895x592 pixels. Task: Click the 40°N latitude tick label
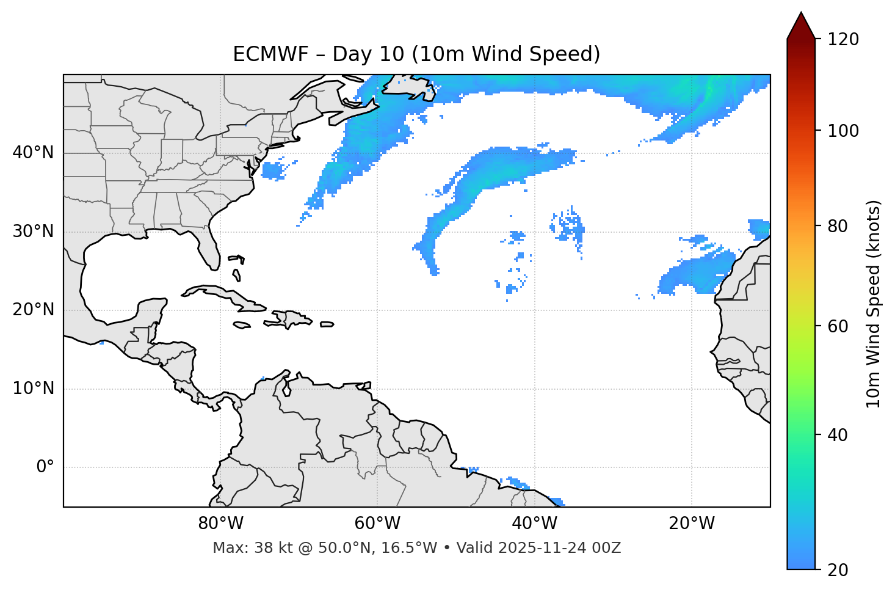coord(33,153)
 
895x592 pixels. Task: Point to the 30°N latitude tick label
coord(33,232)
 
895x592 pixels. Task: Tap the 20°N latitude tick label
coord(33,310)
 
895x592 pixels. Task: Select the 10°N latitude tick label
coord(33,389)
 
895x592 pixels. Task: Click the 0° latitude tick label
coord(45,467)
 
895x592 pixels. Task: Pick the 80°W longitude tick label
coord(220,524)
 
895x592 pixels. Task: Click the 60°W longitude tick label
coord(377,524)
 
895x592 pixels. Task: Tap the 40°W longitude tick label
coord(534,524)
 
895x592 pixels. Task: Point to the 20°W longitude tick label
coord(691,524)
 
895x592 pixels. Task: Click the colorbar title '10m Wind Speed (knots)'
coord(874,304)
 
